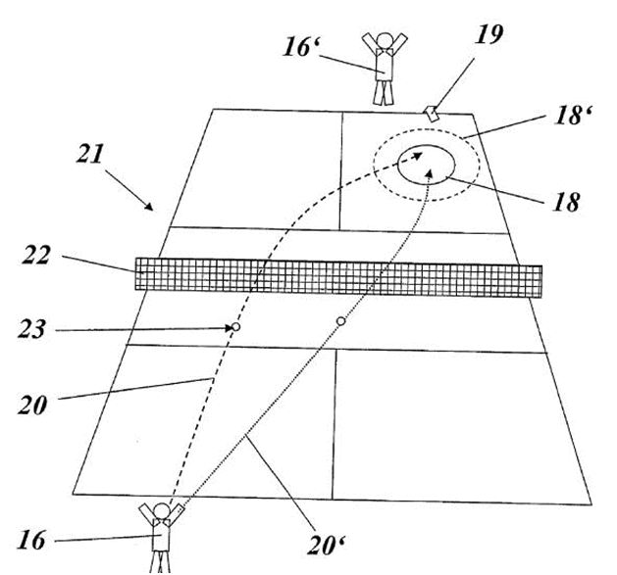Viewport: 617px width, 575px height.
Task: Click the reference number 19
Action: [x=489, y=34]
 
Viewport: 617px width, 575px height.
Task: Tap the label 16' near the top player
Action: [x=301, y=47]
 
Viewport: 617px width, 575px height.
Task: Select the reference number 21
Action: [x=90, y=153]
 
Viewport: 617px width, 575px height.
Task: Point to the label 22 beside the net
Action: [x=36, y=256]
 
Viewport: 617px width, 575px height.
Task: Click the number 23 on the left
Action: [x=31, y=328]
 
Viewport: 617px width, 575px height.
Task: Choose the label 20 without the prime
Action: [x=32, y=405]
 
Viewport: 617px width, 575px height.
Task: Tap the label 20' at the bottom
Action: [x=326, y=546]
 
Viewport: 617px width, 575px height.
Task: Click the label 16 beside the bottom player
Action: [x=31, y=540]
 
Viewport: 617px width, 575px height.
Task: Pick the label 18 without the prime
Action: [x=567, y=203]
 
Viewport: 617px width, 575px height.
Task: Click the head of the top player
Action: [x=385, y=40]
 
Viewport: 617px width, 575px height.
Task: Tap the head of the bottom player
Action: [x=161, y=511]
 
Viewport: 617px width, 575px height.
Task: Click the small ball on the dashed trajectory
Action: [x=235, y=326]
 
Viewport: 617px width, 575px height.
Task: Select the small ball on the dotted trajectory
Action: [x=341, y=321]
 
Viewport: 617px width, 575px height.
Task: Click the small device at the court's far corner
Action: [x=432, y=114]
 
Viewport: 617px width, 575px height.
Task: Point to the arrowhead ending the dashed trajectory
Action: [x=418, y=156]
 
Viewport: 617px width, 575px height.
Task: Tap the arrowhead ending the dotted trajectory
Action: [x=431, y=173]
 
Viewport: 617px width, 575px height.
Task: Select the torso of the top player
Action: [x=385, y=65]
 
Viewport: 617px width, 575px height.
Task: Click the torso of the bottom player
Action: [x=161, y=535]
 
